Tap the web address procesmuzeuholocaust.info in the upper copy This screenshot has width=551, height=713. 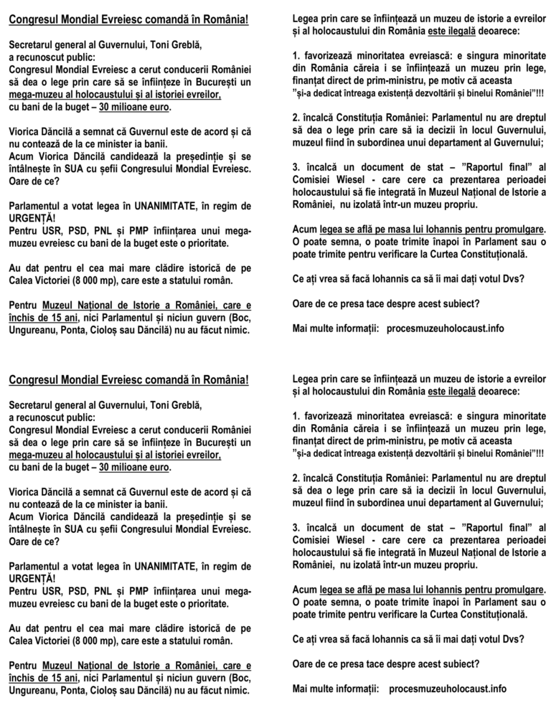coord(445,328)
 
